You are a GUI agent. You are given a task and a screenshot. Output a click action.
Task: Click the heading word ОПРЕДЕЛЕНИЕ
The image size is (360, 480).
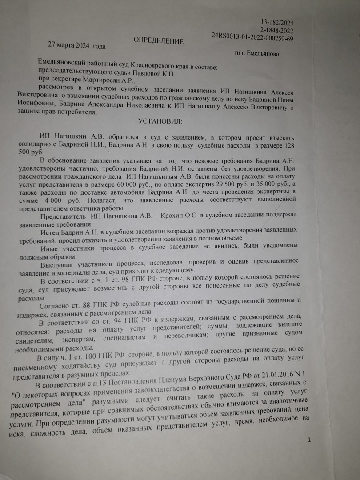click(158, 41)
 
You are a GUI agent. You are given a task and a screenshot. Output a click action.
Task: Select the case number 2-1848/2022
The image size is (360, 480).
click(281, 31)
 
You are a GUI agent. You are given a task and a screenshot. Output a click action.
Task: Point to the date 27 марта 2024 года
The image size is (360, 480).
click(77, 46)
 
